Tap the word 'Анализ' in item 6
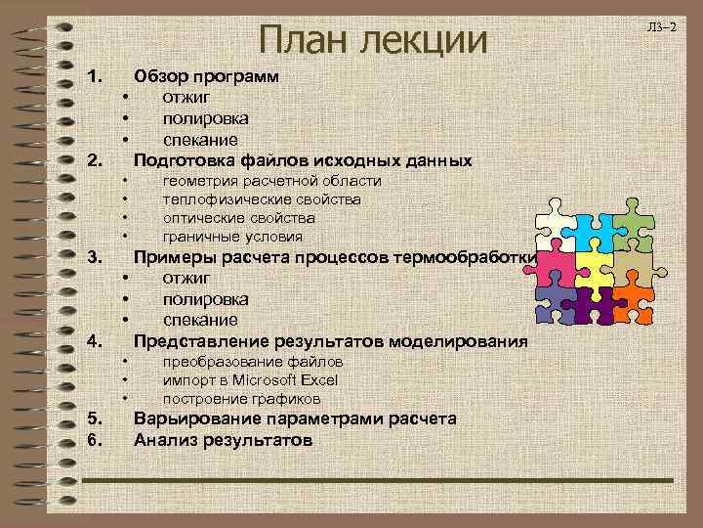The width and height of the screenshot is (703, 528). click(160, 440)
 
